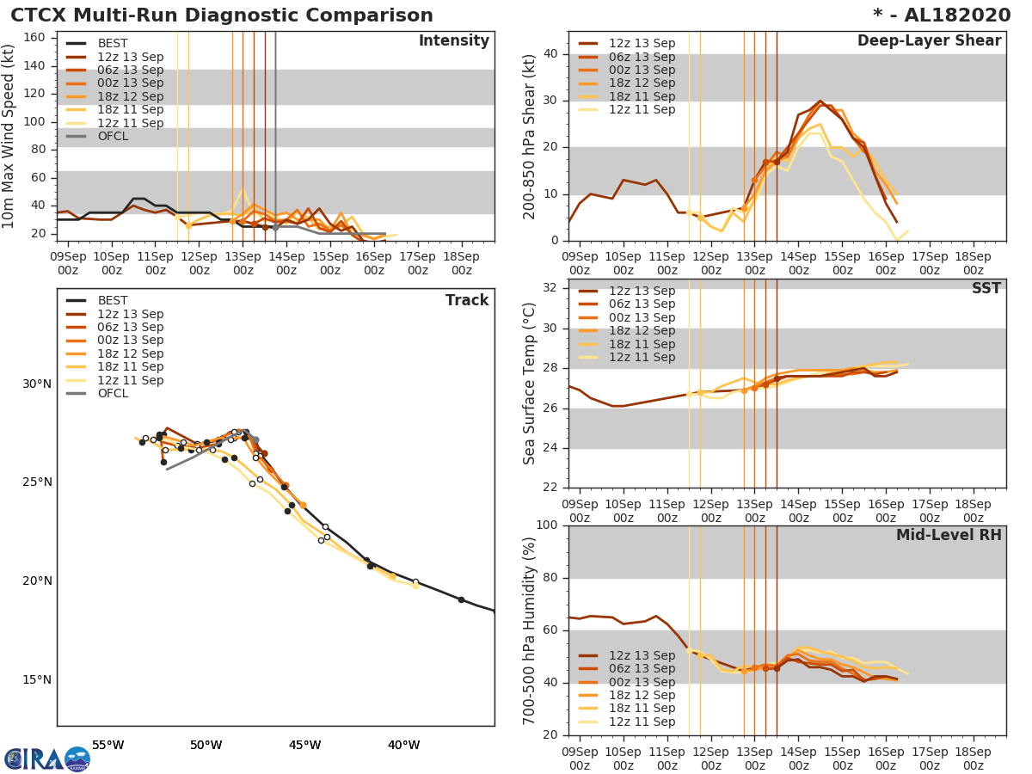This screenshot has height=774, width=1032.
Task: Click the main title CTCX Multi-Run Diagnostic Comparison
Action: coord(222,15)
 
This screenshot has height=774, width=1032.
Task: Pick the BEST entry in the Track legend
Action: coord(113,301)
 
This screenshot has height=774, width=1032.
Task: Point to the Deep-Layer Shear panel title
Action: coord(929,41)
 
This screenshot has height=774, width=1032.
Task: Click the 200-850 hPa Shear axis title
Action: coord(531,136)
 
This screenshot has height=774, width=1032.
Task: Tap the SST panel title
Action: coord(986,289)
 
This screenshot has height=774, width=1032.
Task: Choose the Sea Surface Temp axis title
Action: coord(530,384)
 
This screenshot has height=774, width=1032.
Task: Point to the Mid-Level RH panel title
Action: coord(949,535)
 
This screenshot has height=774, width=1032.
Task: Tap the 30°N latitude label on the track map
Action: coord(38,384)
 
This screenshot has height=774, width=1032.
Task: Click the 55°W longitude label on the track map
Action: coord(107,745)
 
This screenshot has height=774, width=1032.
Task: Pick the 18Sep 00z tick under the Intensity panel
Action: coord(461,264)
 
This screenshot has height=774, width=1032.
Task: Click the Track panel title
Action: coord(466,300)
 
